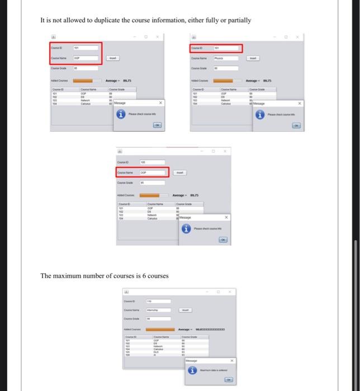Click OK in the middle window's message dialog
point(223,240)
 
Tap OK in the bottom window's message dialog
point(228,379)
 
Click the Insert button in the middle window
point(179,173)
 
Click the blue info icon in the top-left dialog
point(120,115)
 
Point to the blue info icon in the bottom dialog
point(193,370)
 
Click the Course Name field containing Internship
point(157,309)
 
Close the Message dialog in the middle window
point(226,217)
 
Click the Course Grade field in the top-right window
point(228,69)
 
